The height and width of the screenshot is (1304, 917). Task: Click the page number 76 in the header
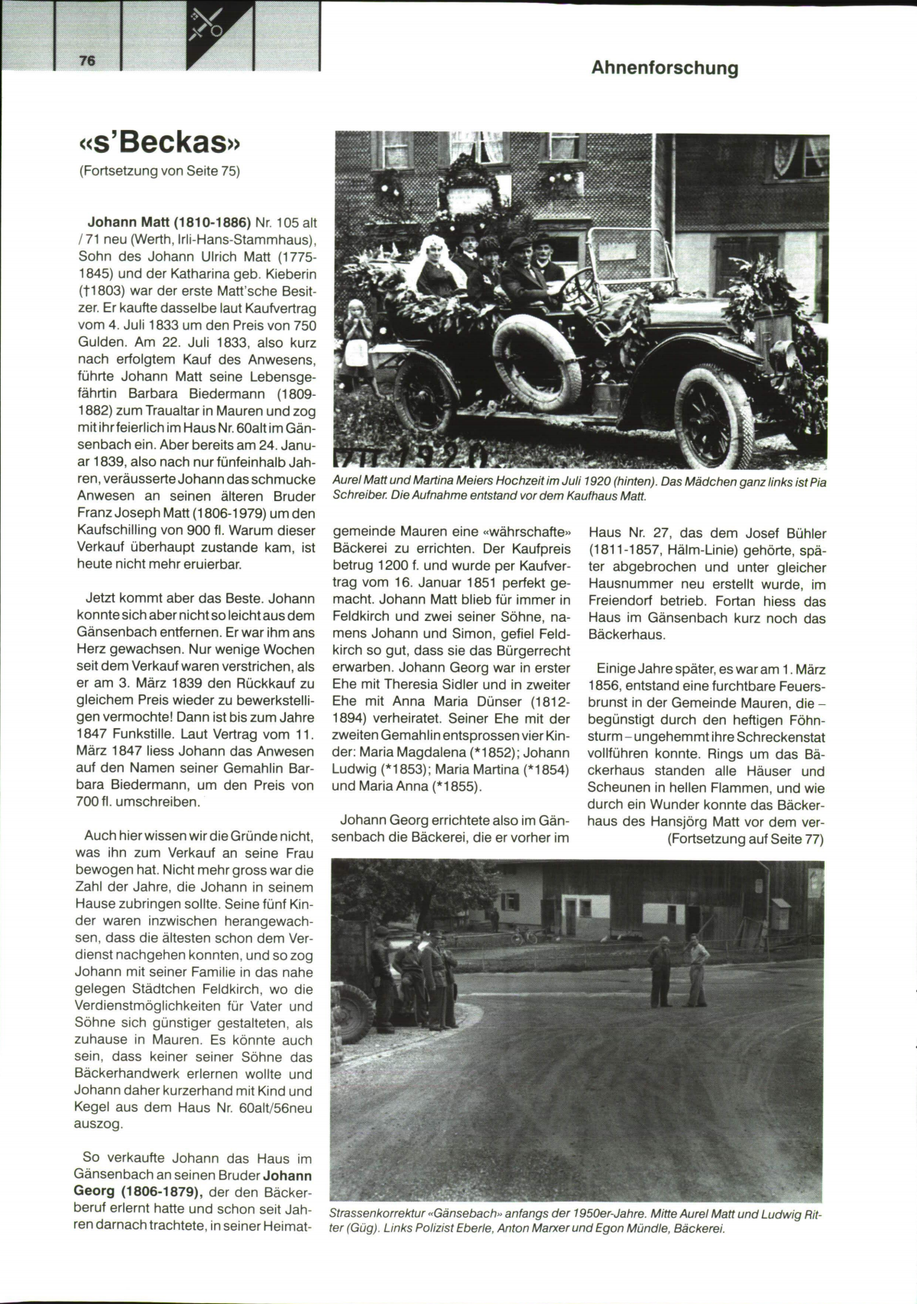coord(87,61)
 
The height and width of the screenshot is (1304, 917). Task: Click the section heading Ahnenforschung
coord(664,68)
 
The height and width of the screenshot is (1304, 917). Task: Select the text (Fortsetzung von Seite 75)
coord(159,171)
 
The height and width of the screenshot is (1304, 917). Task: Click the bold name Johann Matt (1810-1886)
coord(170,222)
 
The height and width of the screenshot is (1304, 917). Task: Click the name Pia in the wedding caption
coord(816,482)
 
